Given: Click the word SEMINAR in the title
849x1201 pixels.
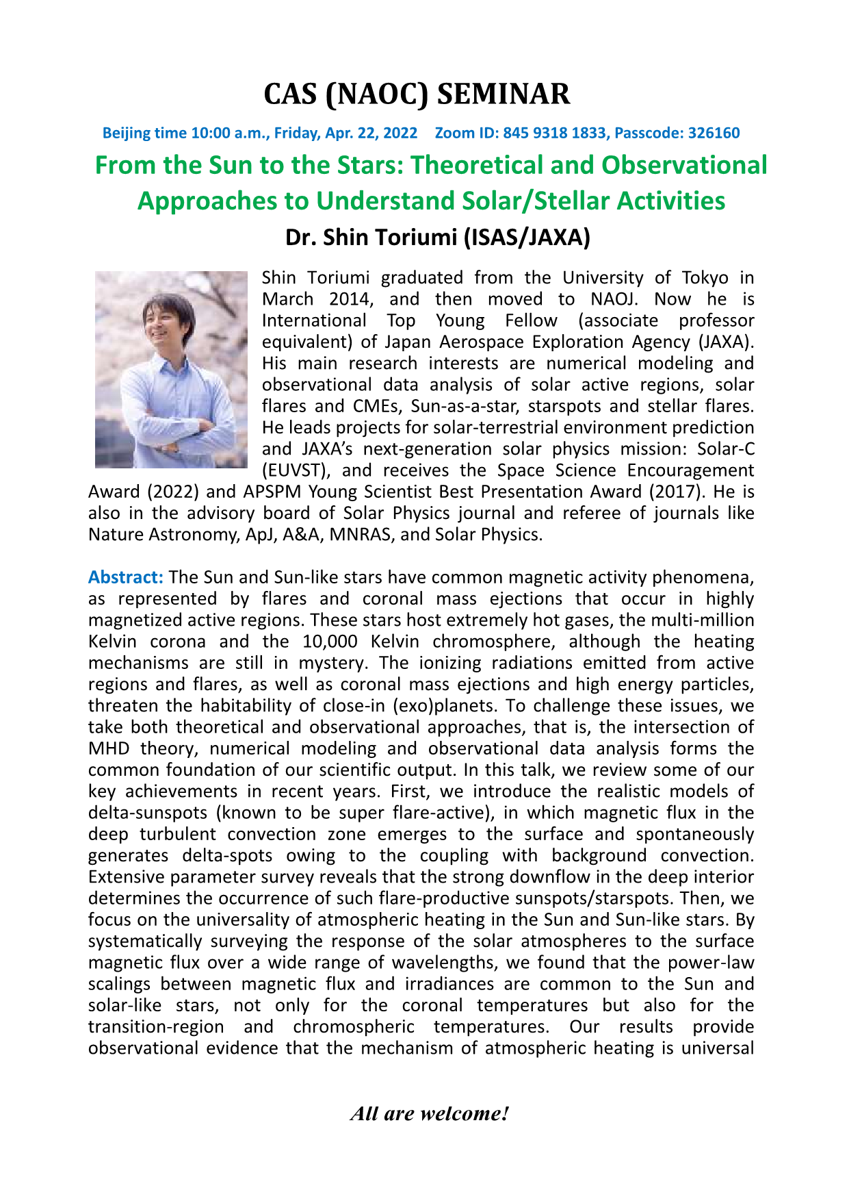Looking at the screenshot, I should [503, 94].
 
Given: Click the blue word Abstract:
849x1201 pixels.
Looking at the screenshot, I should [125, 577].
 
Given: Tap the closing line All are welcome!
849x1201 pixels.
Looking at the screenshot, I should [430, 1114].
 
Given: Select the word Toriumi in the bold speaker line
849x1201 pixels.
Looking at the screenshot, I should [414, 237].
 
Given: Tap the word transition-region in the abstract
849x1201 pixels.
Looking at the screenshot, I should [156, 1027].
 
